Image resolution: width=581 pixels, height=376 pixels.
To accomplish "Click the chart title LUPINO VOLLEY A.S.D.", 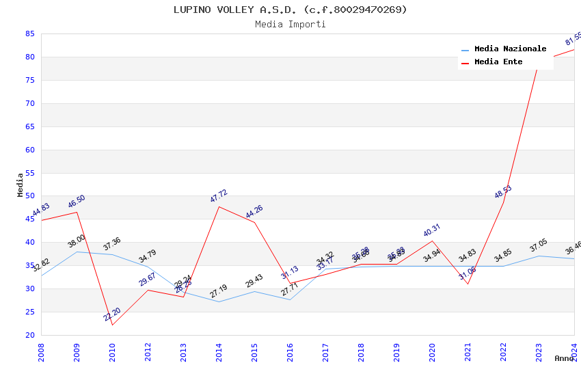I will [x=290, y=10].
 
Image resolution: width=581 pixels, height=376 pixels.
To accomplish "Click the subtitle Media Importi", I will [x=290, y=24].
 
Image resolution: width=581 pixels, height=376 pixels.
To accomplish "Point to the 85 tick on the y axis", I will [x=29, y=33].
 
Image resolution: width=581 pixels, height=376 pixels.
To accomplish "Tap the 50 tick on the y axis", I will [x=29, y=196].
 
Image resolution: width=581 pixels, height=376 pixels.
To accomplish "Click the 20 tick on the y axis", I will [x=29, y=335].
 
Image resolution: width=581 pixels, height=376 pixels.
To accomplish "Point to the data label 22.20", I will [x=112, y=314].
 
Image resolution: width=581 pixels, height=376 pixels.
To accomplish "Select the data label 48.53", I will [x=503, y=192].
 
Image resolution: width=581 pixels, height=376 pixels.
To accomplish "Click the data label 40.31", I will [x=432, y=230].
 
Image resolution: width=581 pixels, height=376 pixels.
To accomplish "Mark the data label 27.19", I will [x=219, y=291].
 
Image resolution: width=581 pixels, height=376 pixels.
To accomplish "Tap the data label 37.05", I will [x=539, y=246].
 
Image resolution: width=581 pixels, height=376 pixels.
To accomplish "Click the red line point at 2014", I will [x=219, y=206].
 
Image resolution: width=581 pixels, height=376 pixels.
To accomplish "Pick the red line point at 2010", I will [x=112, y=325].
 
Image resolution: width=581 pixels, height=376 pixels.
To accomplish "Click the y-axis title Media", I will [x=21, y=185].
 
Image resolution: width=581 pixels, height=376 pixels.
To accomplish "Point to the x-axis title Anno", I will [x=564, y=358].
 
